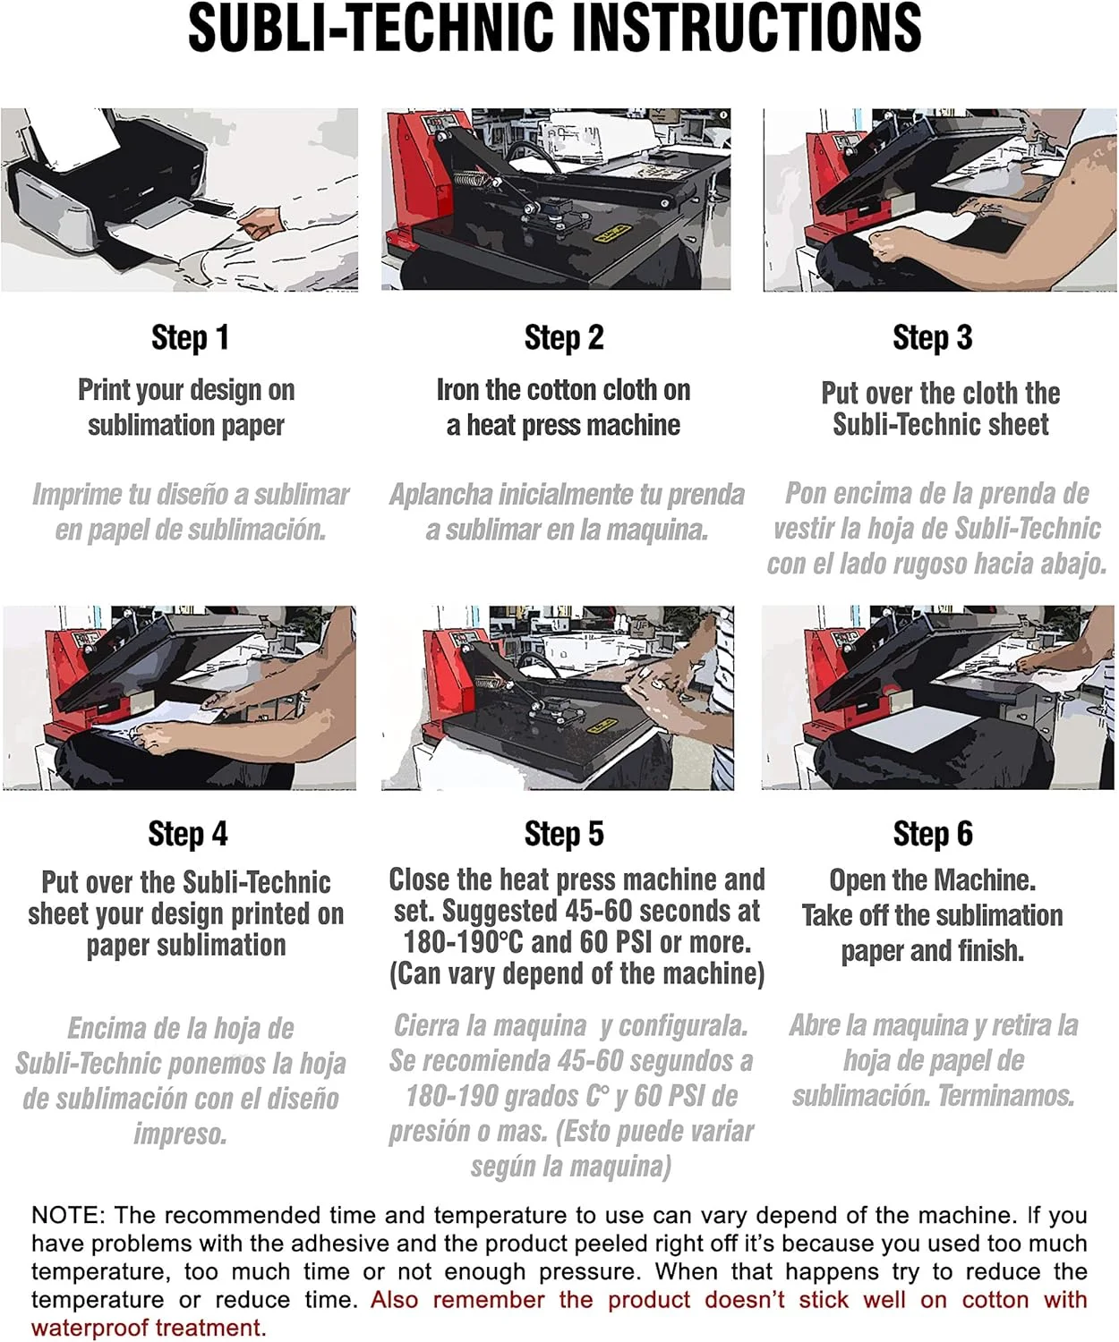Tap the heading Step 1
click(x=190, y=337)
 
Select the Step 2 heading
click(x=564, y=337)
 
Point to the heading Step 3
click(x=933, y=337)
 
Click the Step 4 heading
click(x=188, y=834)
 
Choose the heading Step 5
click(x=564, y=834)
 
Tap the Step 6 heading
click(x=933, y=834)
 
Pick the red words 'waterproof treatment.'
click(x=149, y=1328)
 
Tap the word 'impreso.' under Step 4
click(x=181, y=1134)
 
